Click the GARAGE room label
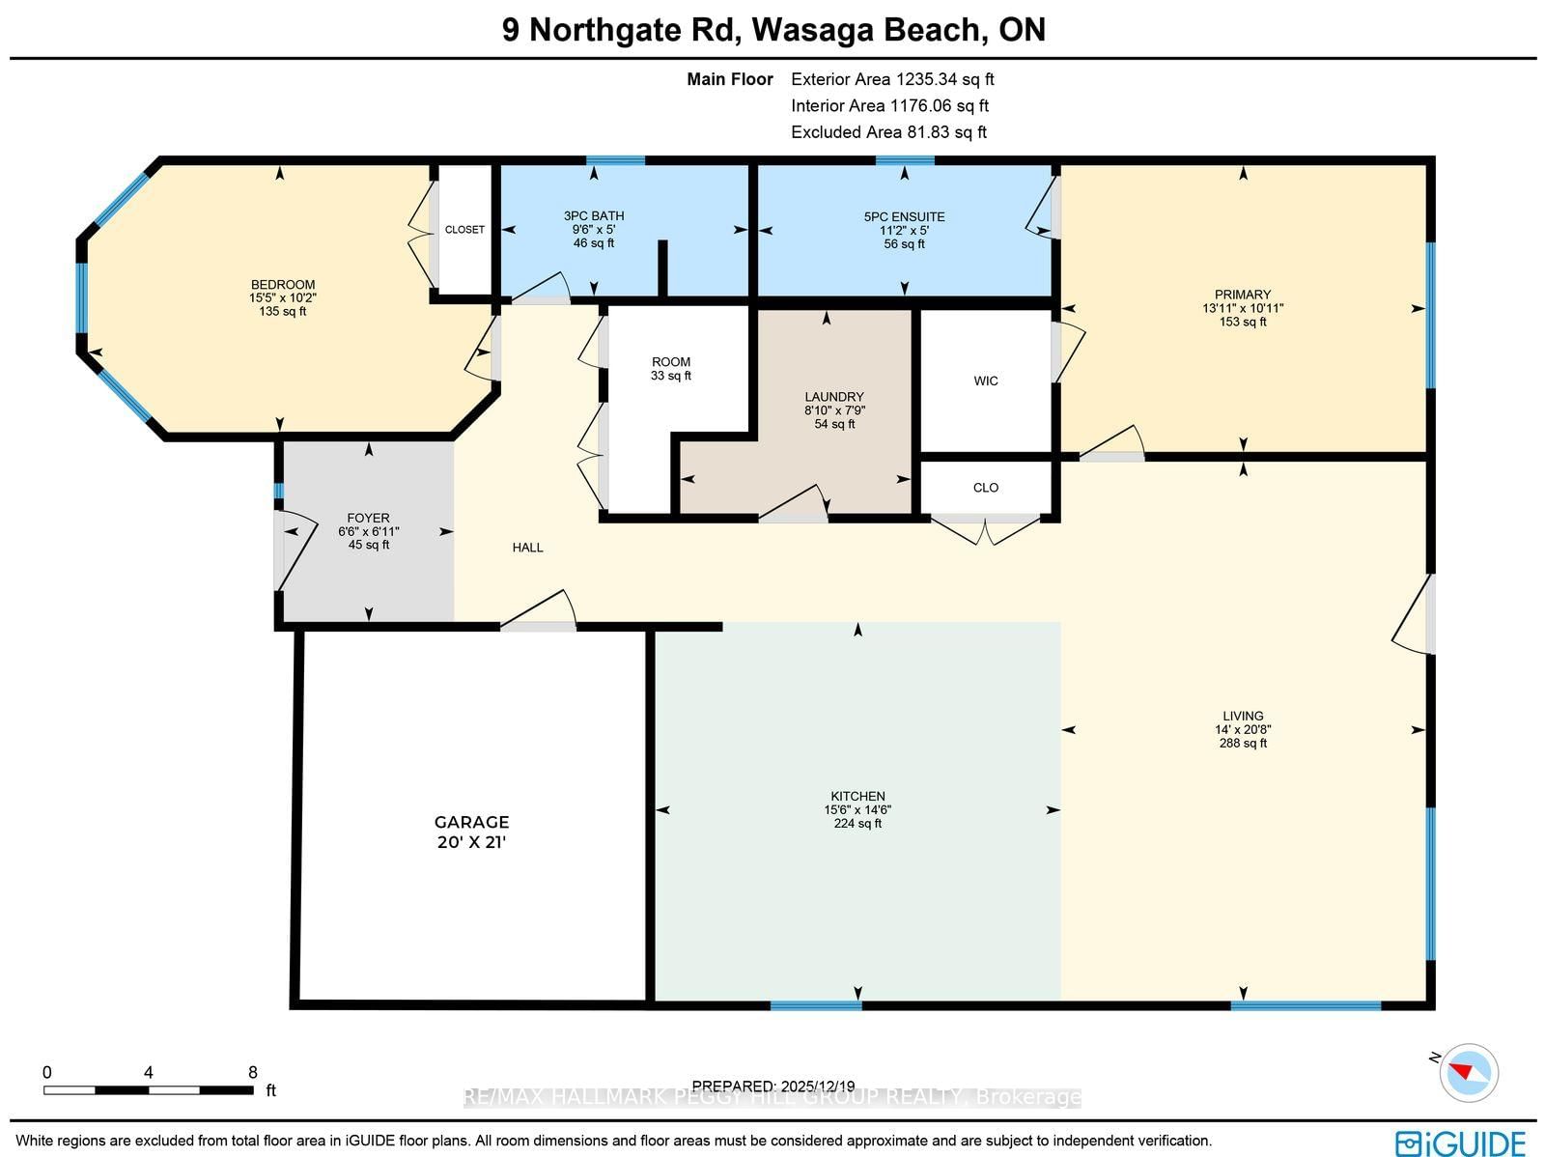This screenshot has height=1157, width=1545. [x=471, y=822]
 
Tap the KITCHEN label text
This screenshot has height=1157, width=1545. [x=857, y=796]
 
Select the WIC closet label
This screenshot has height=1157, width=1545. [x=986, y=381]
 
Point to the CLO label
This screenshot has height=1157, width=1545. [x=986, y=488]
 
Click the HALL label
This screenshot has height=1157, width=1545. [x=527, y=548]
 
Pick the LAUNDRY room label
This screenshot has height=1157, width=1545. [x=834, y=397]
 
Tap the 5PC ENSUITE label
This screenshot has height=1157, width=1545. [x=905, y=216]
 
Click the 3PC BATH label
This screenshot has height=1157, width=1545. [x=593, y=216]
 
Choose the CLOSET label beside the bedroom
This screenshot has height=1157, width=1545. [x=464, y=230]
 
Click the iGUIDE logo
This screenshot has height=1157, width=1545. [x=1460, y=1143]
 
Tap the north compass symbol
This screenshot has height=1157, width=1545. [x=1468, y=1073]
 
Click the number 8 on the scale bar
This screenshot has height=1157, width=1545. [x=253, y=1073]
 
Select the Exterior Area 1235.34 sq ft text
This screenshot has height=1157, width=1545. [x=892, y=79]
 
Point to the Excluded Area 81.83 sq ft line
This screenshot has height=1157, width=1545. [x=889, y=132]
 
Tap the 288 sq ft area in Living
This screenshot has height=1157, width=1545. [x=1243, y=743]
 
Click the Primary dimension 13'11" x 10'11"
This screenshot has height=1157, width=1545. [x=1243, y=308]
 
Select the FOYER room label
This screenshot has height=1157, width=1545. [x=368, y=518]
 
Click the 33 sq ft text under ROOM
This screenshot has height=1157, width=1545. [x=671, y=375]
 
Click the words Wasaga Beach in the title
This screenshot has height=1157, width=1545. [x=866, y=30]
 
